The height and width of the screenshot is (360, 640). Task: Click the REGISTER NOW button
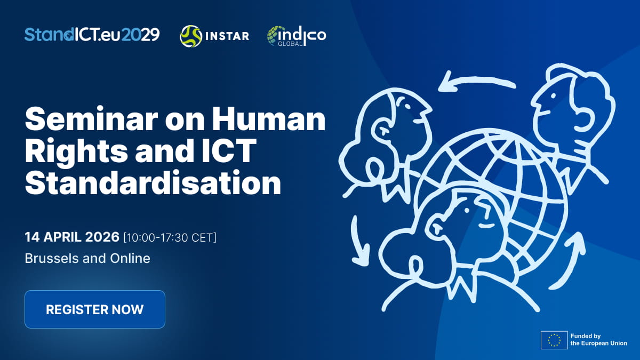[95, 309]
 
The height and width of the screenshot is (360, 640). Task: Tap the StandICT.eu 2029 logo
[92, 35]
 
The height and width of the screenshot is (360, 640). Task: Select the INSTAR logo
[214, 36]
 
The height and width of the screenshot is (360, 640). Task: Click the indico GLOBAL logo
[296, 36]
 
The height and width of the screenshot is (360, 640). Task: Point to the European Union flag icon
[554, 340]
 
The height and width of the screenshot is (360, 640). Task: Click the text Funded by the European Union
[598, 340]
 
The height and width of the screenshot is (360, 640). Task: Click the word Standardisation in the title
[153, 182]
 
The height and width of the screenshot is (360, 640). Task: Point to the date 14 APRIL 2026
[72, 237]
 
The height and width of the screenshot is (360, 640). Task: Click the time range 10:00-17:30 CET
[170, 237]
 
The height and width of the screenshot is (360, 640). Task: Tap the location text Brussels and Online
[87, 259]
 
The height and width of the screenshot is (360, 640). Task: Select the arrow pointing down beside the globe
[360, 240]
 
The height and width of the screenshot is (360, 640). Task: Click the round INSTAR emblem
[190, 36]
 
